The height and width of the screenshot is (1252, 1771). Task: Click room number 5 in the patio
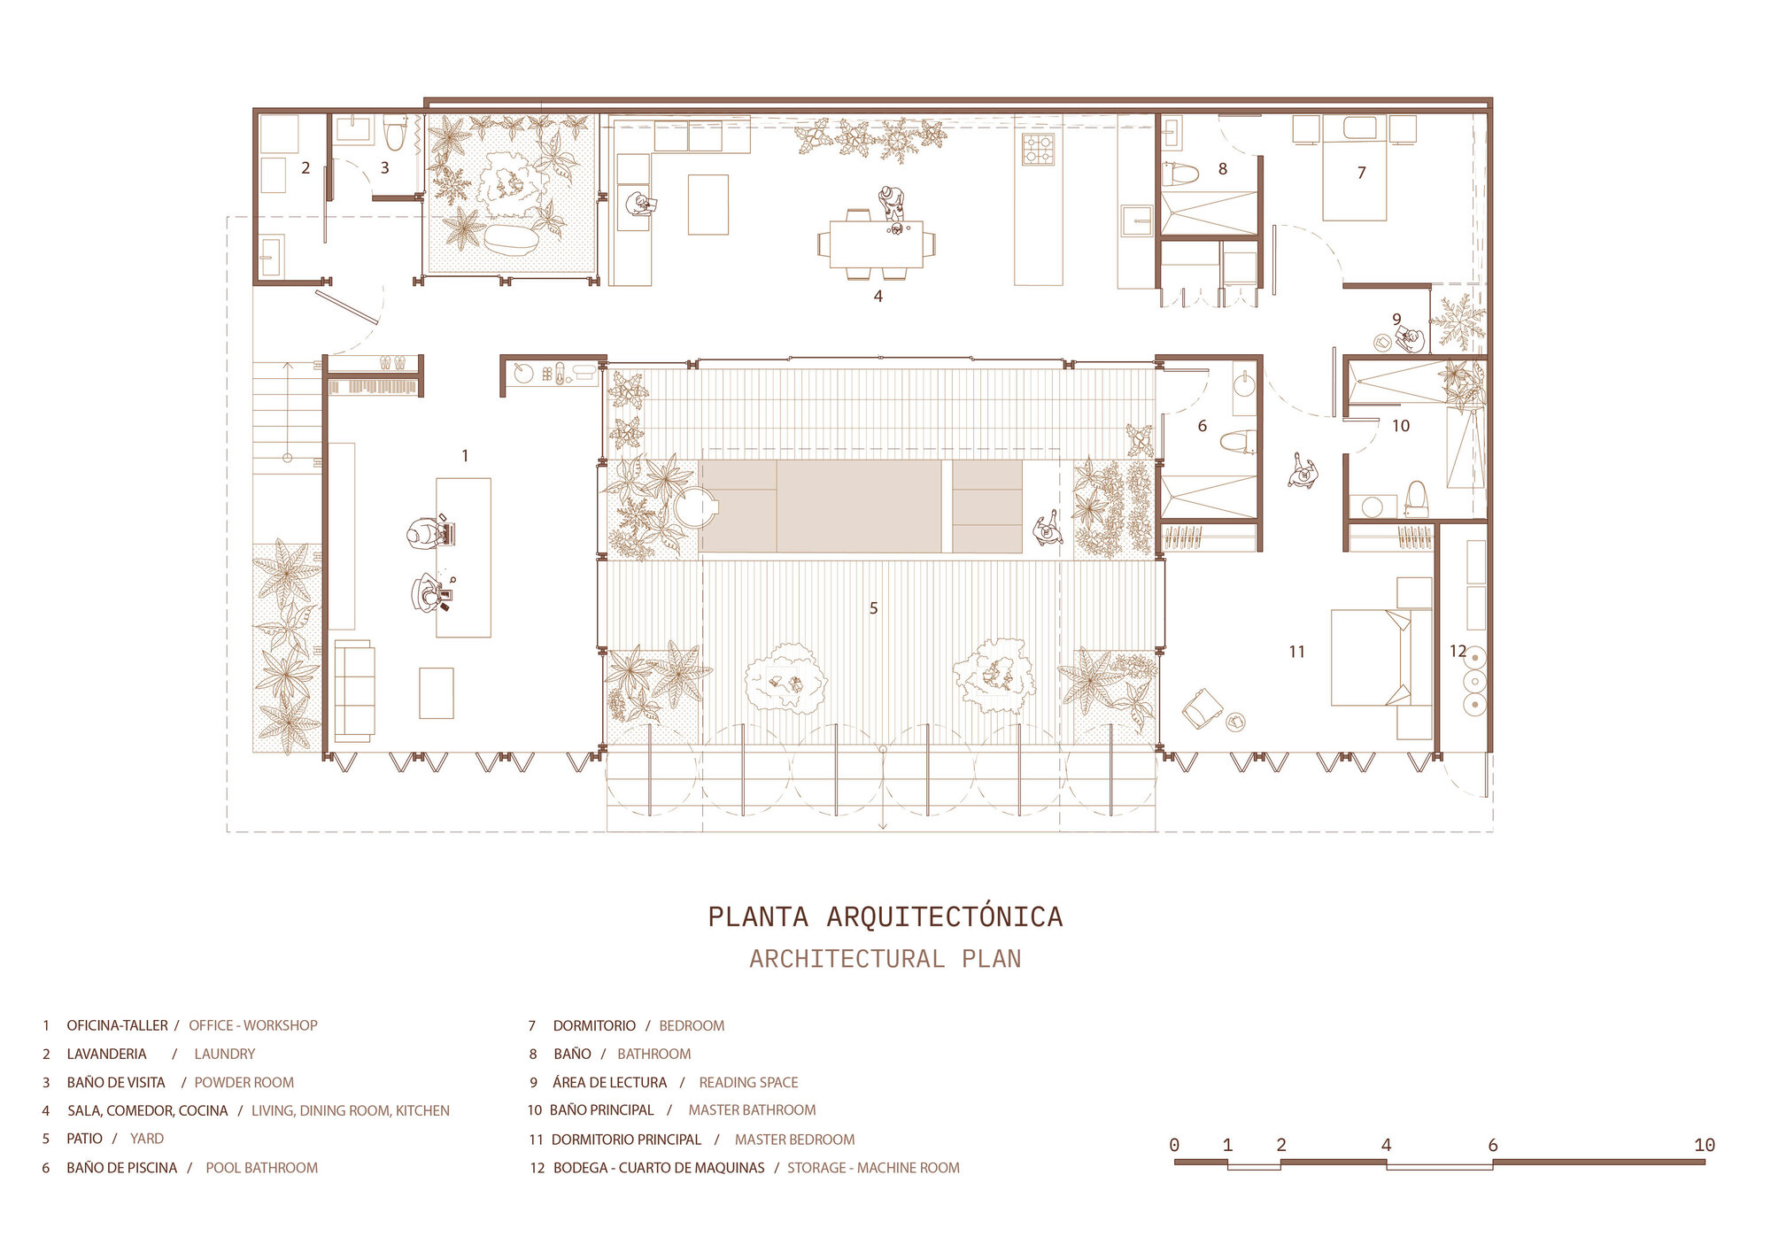873,608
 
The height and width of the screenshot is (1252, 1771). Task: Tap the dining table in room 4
876,243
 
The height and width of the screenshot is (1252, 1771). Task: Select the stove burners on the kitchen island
1038,150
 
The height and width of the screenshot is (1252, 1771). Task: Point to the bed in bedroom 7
1354,173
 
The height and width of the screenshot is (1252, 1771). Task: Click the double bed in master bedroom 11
1370,657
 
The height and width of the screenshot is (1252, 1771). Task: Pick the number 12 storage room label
1458,651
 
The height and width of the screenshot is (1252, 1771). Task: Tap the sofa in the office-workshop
354,691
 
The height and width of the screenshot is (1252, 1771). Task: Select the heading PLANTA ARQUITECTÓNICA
885,916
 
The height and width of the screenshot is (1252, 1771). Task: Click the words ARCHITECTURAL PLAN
885,959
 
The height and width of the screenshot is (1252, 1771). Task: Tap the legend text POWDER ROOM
244,1082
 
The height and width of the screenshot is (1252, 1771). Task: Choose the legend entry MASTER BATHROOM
752,1110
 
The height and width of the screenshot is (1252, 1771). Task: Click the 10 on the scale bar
1704,1145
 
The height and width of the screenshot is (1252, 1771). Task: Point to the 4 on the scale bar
1386,1145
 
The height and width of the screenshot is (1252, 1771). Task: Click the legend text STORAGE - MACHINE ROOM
873,1168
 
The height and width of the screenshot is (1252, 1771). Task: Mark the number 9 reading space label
1396,319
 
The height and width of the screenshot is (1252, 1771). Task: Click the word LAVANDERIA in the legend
106,1054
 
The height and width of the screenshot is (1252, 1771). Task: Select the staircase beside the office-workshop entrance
287,416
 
